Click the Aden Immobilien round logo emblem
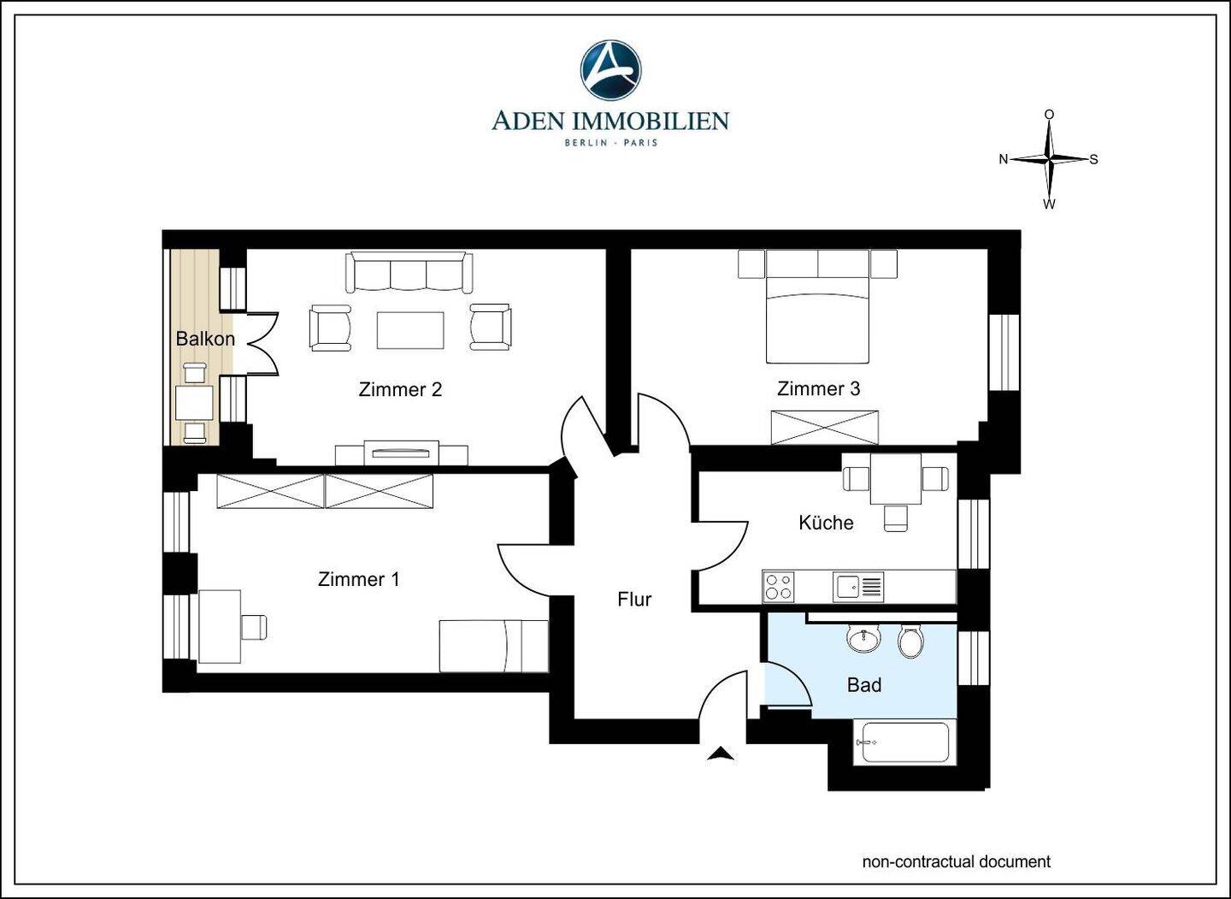click(610, 70)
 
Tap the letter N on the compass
click(1003, 159)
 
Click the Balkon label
click(205, 339)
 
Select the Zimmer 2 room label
click(400, 389)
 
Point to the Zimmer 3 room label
click(818, 388)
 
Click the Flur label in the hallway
click(634, 599)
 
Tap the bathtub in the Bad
click(905, 742)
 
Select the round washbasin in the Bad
click(864, 639)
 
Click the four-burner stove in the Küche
click(779, 587)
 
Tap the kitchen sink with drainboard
click(858, 587)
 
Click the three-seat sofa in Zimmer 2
click(409, 273)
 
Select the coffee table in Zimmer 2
click(410, 330)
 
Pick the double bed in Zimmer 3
click(818, 307)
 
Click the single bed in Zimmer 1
click(493, 646)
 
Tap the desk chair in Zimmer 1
click(254, 627)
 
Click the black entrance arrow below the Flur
click(721, 754)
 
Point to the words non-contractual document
click(957, 861)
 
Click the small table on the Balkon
click(194, 402)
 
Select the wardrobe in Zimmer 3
click(824, 427)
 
